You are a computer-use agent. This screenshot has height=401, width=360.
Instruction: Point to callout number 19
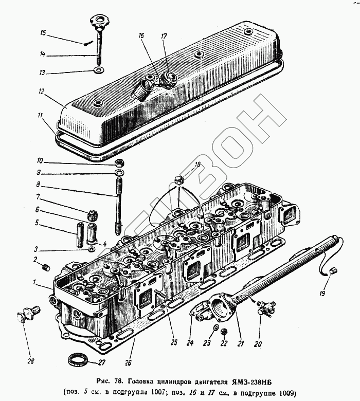pos(322,294)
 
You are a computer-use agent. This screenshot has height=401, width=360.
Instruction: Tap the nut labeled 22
pos(223,332)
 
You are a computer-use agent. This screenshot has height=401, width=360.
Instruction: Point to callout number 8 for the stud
pos(38,185)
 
